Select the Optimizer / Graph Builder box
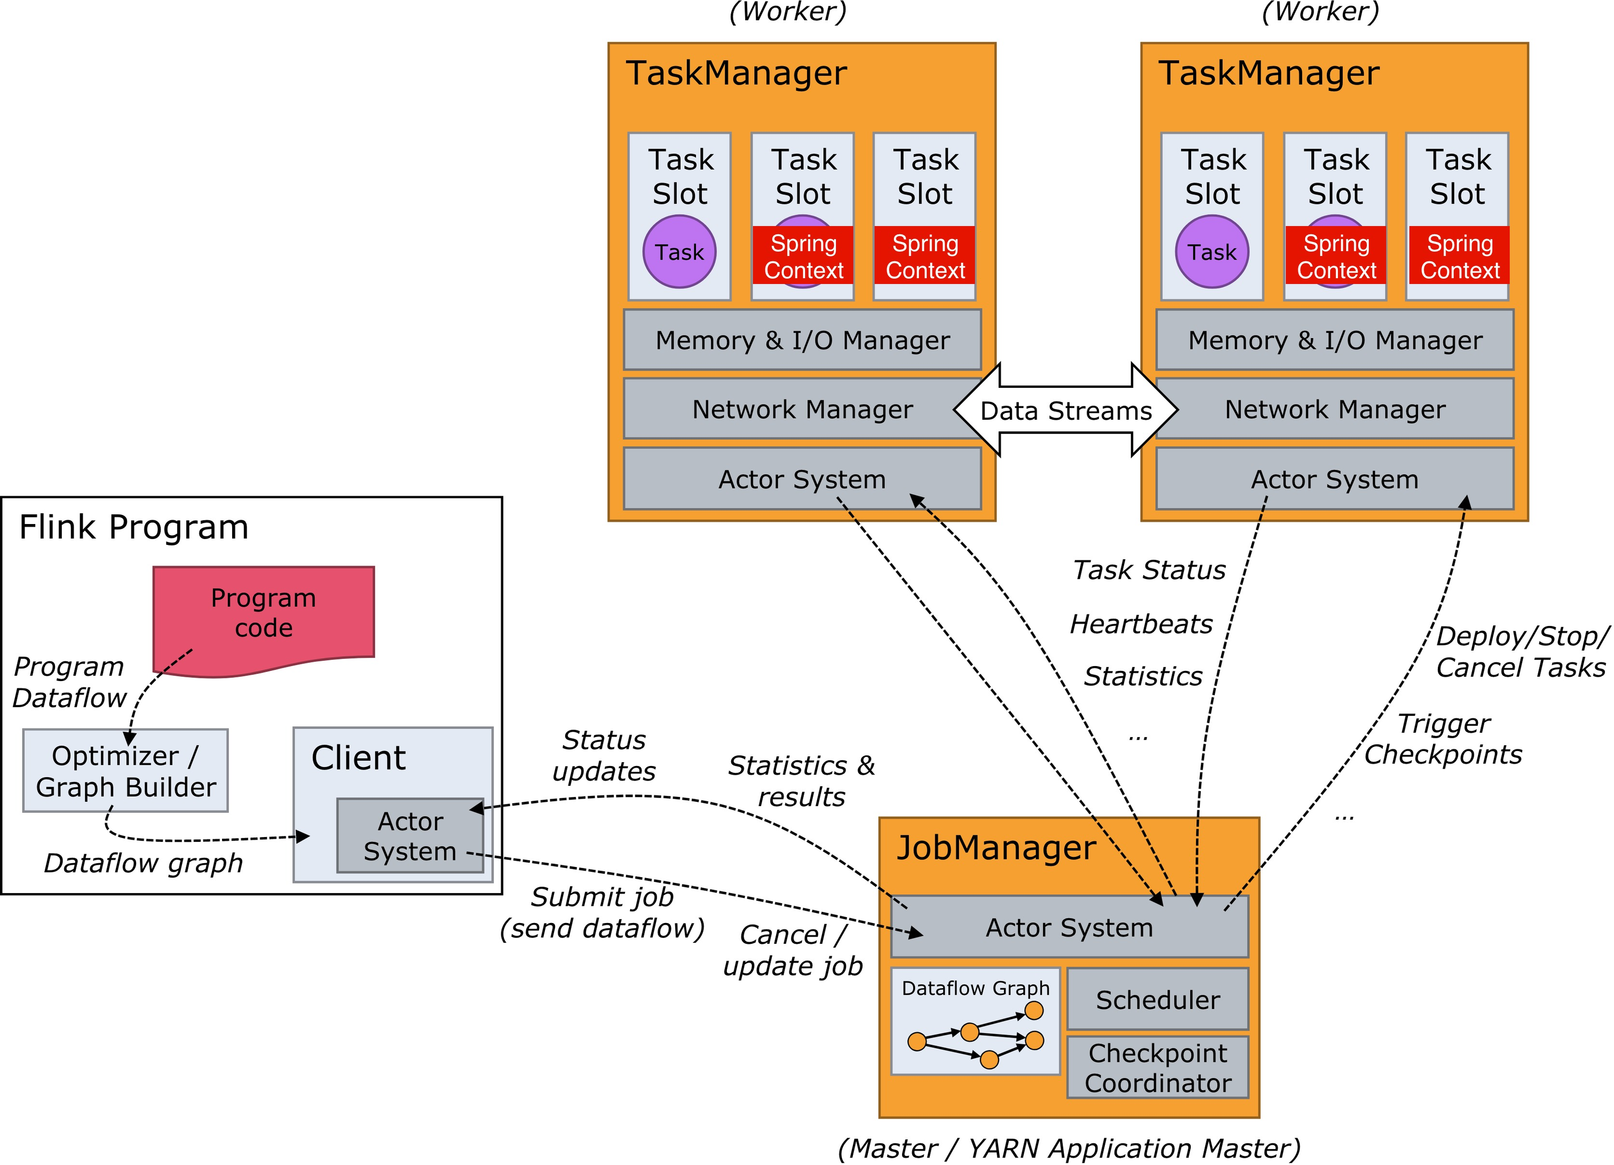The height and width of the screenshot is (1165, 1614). tap(125, 770)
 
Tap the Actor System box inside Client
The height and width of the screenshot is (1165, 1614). tap(410, 835)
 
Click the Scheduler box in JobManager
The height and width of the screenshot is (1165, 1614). tap(1158, 998)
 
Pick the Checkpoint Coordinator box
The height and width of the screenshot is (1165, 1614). tap(1158, 1067)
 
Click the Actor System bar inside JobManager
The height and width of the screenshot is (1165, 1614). tap(1070, 926)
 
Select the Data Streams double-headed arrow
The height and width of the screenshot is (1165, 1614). tap(1066, 410)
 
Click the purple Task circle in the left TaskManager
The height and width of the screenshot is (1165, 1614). tap(679, 252)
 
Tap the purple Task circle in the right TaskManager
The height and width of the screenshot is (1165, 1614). tap(1212, 252)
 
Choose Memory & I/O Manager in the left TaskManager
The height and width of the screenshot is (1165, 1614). tap(802, 340)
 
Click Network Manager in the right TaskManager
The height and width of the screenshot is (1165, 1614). tap(1335, 409)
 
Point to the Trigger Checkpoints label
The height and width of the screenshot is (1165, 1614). tap(1443, 738)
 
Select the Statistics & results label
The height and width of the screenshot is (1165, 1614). tap(801, 780)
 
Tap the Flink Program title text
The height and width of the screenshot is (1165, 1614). tap(134, 527)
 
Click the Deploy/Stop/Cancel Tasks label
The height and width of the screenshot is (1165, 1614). tap(1522, 652)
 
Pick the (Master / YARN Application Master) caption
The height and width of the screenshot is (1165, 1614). tap(1069, 1148)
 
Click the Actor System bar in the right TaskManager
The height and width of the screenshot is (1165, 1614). tap(1335, 479)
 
